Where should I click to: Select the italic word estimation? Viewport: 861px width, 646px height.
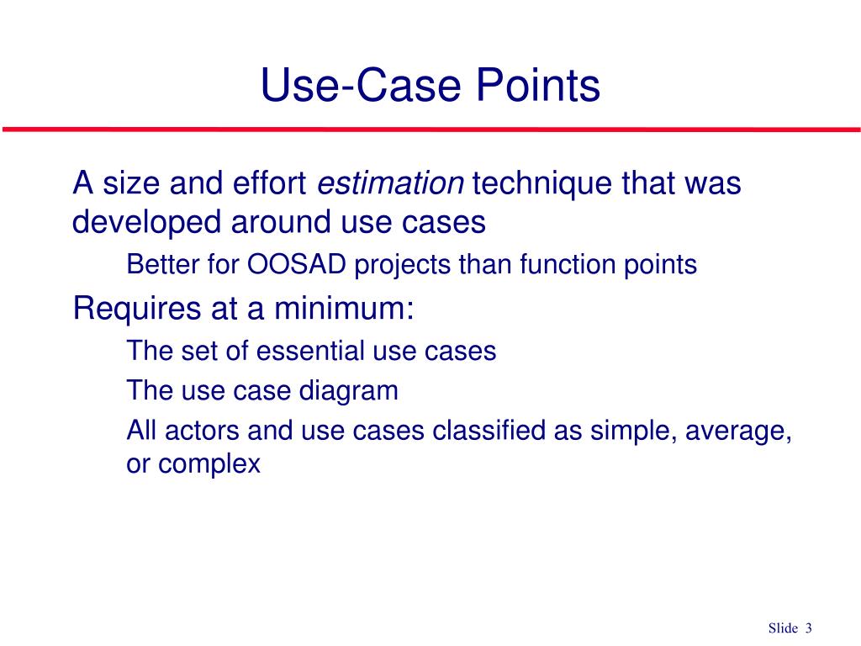click(x=392, y=183)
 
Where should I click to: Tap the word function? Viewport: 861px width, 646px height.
click(x=565, y=265)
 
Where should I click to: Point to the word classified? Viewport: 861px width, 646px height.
click(x=488, y=431)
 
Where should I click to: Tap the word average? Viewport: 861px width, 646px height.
click(x=739, y=432)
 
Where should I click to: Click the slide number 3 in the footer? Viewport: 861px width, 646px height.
click(x=809, y=627)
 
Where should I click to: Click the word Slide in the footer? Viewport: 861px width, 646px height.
click(x=782, y=627)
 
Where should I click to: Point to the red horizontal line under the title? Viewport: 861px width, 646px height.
click(x=430, y=130)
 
